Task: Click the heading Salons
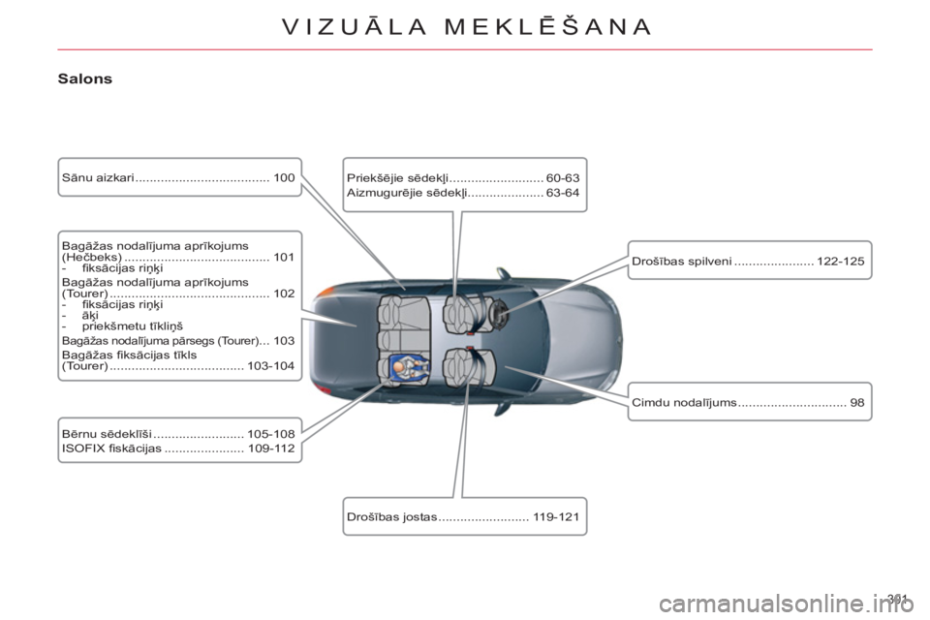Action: tap(85, 78)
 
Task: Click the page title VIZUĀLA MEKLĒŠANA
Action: tap(467, 27)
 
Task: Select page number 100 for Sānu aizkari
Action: tap(284, 177)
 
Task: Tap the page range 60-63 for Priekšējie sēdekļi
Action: tap(563, 178)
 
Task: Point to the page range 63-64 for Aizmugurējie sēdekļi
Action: tap(563, 192)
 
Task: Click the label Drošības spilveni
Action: tap(682, 261)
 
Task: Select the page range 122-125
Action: tap(841, 261)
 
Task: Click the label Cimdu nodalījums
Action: tap(685, 402)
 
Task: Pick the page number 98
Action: tap(857, 402)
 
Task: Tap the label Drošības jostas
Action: tap(392, 516)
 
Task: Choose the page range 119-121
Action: tap(556, 516)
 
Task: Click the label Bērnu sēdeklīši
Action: tap(107, 434)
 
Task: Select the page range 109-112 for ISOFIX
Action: tap(271, 448)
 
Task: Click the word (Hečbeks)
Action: tap(92, 257)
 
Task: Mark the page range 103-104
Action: tap(271, 366)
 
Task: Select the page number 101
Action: tap(284, 257)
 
